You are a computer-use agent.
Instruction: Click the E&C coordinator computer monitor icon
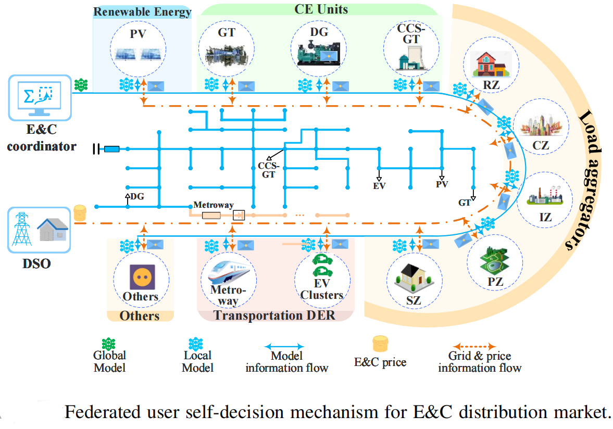[39, 97]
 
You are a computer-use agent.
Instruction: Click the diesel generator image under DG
[319, 53]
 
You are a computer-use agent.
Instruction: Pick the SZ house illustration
[414, 277]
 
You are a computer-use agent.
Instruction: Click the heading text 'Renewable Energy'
[142, 11]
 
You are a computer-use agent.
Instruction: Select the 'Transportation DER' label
[274, 316]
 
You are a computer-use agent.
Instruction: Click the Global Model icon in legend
[109, 343]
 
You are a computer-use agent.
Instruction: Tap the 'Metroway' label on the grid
[214, 205]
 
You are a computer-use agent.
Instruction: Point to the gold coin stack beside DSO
[80, 212]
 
